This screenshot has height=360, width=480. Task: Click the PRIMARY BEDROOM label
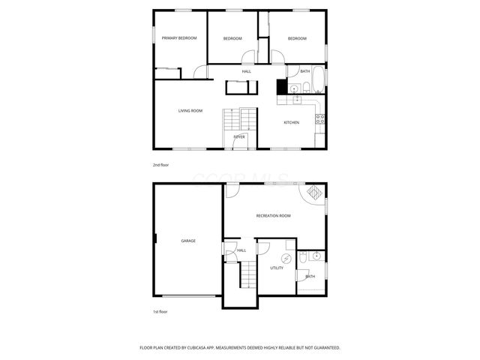pyautogui.click(x=179, y=38)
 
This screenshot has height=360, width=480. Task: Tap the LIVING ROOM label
pyautogui.click(x=190, y=111)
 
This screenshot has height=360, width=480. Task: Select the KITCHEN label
pyautogui.click(x=291, y=122)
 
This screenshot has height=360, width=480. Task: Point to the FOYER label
pyautogui.click(x=239, y=137)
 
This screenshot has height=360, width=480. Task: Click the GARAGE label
pyautogui.click(x=188, y=241)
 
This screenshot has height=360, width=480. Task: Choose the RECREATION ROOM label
pyautogui.click(x=273, y=216)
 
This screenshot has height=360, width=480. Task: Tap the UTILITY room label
pyautogui.click(x=277, y=268)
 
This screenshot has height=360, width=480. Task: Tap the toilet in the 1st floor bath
pyautogui.click(x=301, y=258)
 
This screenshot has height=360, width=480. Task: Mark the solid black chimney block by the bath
pyautogui.click(x=282, y=87)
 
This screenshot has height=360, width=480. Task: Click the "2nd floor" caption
pyautogui.click(x=160, y=164)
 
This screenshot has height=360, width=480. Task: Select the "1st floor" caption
pyautogui.click(x=160, y=311)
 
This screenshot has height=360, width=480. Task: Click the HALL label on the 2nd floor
pyautogui.click(x=246, y=72)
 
